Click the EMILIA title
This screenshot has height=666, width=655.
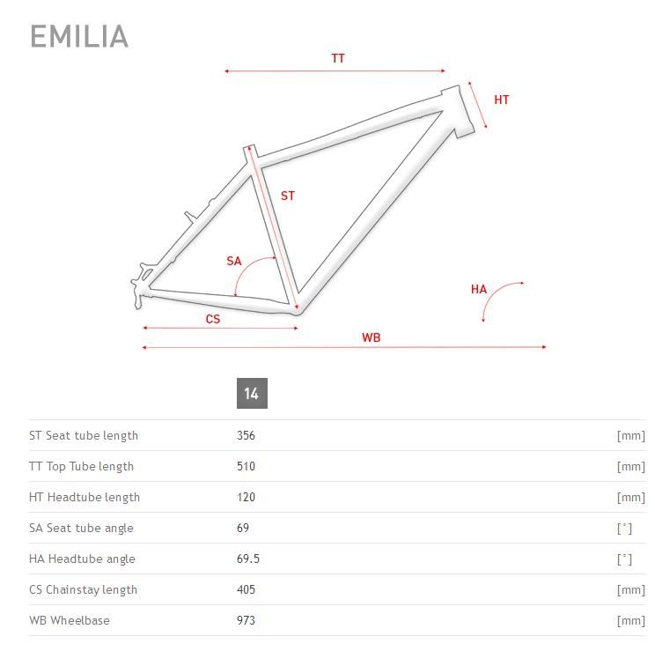[x=79, y=36]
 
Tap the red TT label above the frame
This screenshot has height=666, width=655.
[x=338, y=59]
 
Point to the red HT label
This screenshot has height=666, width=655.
[x=501, y=100]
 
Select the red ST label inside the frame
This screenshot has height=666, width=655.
[x=287, y=196]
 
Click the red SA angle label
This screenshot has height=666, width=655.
[x=234, y=261]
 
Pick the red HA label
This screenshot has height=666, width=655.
[x=479, y=289]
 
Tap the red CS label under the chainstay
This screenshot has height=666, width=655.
[x=213, y=319]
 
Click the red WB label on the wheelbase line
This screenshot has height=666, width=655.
[x=371, y=337]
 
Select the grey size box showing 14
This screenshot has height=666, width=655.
[x=252, y=393]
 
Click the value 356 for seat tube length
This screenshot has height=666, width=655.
[x=246, y=435]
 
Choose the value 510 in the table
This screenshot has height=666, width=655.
[x=246, y=466]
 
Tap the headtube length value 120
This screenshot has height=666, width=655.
[x=246, y=497]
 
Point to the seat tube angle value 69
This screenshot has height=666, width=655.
[x=243, y=528]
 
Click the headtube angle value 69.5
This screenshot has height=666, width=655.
[x=248, y=559]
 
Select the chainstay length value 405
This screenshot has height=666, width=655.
[x=246, y=589]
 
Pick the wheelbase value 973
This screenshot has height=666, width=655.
[x=246, y=620]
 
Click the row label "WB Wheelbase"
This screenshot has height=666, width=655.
[x=70, y=620]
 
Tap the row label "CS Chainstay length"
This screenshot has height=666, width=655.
[x=84, y=590]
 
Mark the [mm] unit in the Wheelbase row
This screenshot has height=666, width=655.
[x=631, y=621]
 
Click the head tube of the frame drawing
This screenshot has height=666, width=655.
[x=458, y=111]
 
